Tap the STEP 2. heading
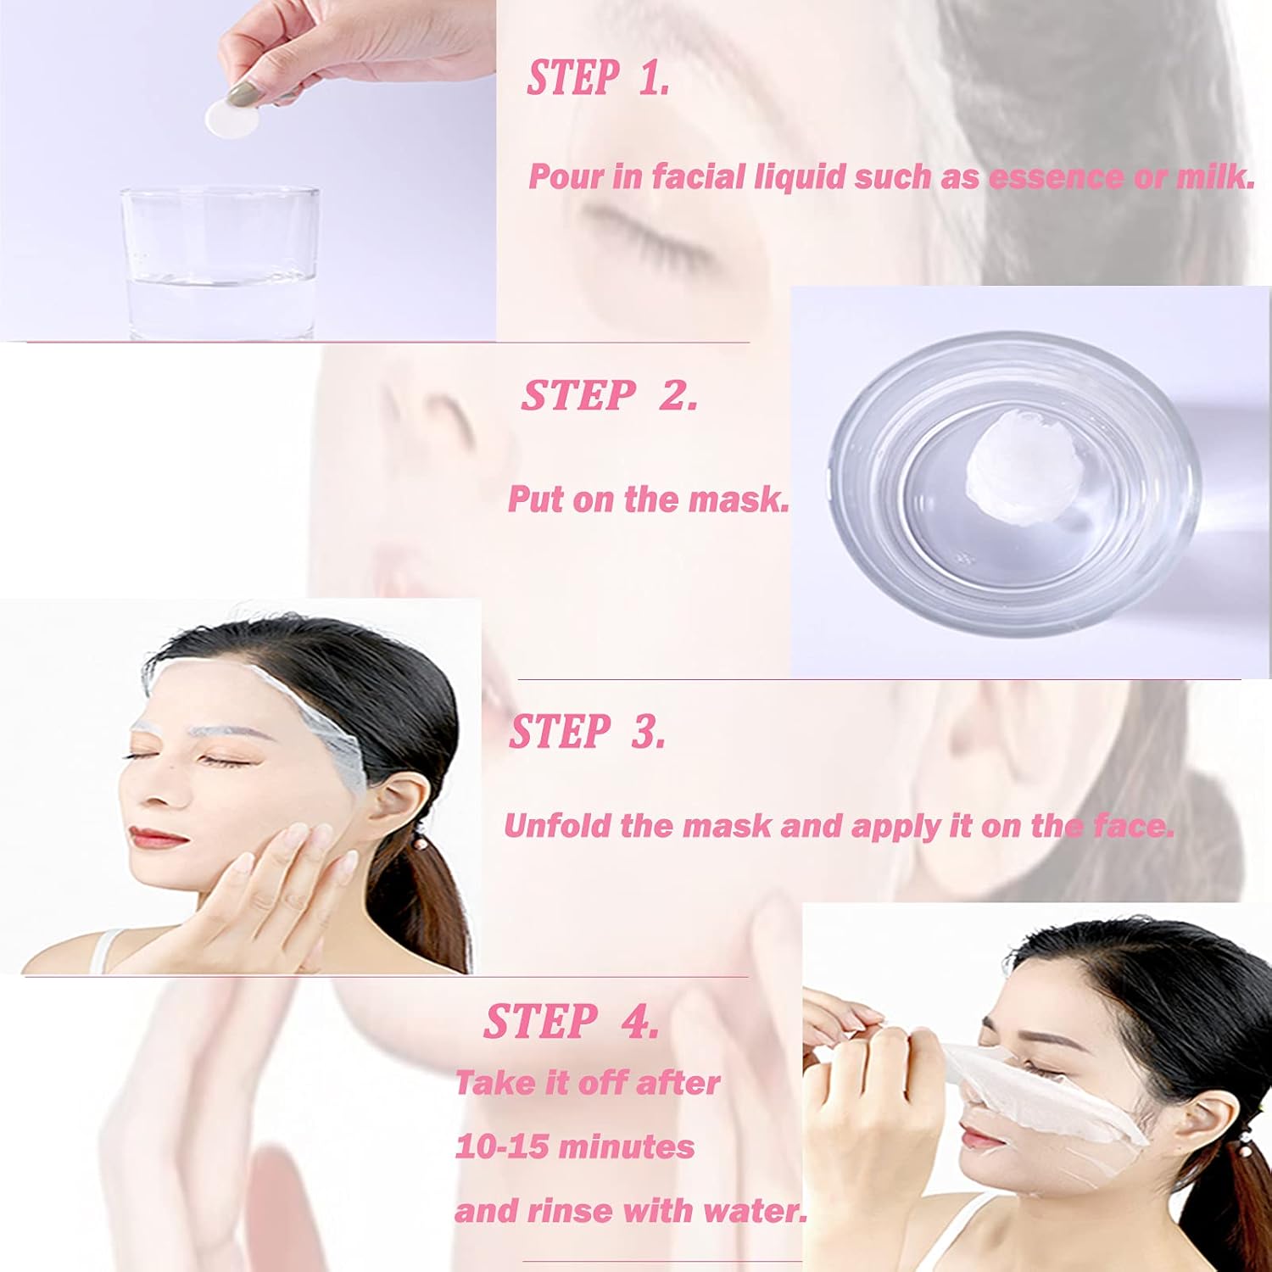(x=609, y=395)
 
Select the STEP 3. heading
(x=587, y=731)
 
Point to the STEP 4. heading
(x=571, y=1021)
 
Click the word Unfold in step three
(x=556, y=826)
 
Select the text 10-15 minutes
(x=575, y=1147)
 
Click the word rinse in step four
(x=564, y=1211)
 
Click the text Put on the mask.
(x=648, y=499)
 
